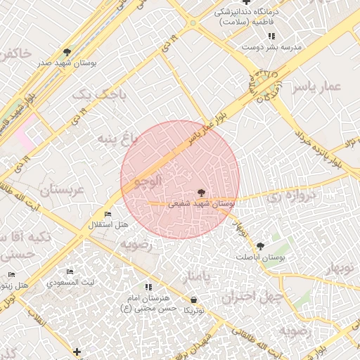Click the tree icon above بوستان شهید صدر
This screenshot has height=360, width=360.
[x=67, y=51]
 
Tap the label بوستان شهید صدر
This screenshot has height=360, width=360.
[x=67, y=63]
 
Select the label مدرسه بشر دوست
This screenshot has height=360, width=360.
[x=271, y=47]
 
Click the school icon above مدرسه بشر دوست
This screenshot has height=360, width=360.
[x=271, y=36]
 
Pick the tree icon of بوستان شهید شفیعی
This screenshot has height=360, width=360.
[x=202, y=192]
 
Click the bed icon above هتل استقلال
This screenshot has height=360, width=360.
[x=108, y=214]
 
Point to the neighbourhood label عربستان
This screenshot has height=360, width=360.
[x=61, y=191]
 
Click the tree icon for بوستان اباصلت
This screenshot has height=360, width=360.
[x=261, y=246]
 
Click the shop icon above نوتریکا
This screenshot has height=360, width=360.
[x=193, y=300]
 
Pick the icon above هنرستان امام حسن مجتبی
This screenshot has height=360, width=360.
[x=148, y=287]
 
